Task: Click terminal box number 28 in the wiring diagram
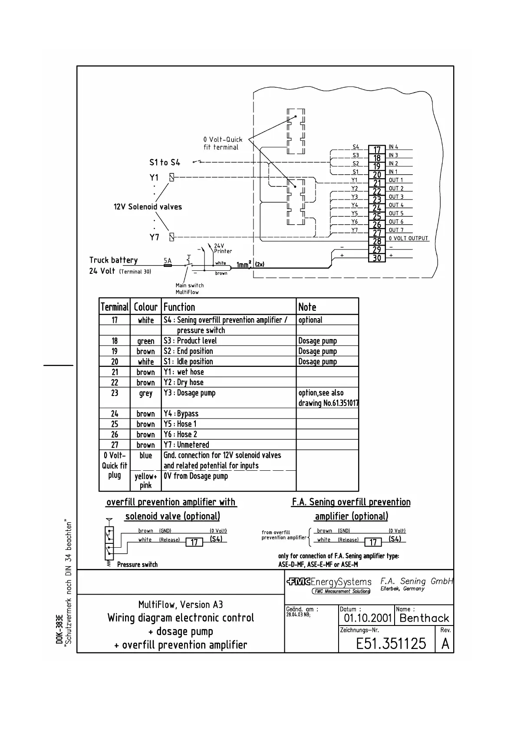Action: pyautogui.click(x=377, y=241)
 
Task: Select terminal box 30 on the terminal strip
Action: pyautogui.click(x=377, y=258)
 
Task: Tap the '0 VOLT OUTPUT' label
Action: pyautogui.click(x=408, y=238)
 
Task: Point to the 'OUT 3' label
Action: pyautogui.click(x=396, y=197)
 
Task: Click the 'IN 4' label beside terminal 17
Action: pyautogui.click(x=393, y=147)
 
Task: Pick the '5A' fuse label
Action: pyautogui.click(x=168, y=261)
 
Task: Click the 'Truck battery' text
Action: pyautogui.click(x=113, y=260)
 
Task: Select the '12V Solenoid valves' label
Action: pyautogui.click(x=148, y=206)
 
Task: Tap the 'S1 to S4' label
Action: pyautogui.click(x=165, y=162)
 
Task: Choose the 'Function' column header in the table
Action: pyautogui.click(x=179, y=307)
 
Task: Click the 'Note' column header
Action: pyautogui.click(x=307, y=307)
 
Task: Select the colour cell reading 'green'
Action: pyautogui.click(x=145, y=341)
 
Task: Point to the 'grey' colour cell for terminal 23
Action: pyautogui.click(x=145, y=393)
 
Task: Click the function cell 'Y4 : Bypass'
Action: pyautogui.click(x=181, y=413)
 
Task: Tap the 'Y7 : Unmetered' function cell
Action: pyautogui.click(x=186, y=445)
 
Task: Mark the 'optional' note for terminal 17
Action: pyautogui.click(x=310, y=320)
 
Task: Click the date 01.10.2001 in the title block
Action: pyautogui.click(x=368, y=618)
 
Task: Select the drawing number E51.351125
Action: pyautogui.click(x=391, y=643)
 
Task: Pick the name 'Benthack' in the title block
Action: pyautogui.click(x=424, y=618)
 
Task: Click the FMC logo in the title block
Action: pyautogui.click(x=298, y=582)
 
